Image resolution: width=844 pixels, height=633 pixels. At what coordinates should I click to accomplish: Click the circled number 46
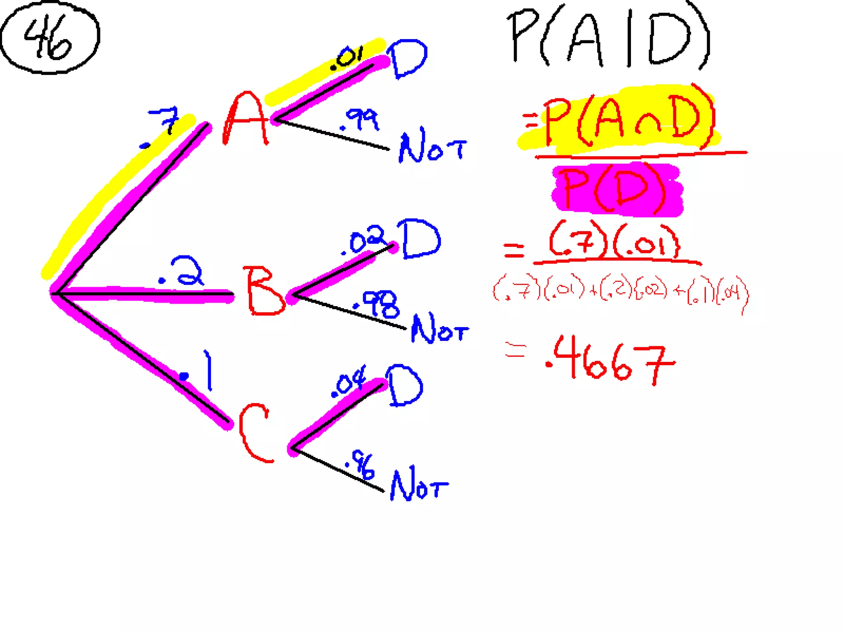pyautogui.click(x=49, y=38)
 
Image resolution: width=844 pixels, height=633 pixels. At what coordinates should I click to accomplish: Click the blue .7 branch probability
pyautogui.click(x=163, y=126)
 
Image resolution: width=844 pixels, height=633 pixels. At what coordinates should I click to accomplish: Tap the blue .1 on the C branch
pyautogui.click(x=198, y=371)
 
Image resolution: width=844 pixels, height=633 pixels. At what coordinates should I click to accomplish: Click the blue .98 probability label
pyautogui.click(x=377, y=305)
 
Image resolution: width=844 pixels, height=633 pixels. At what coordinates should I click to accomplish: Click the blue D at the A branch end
pyautogui.click(x=407, y=59)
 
